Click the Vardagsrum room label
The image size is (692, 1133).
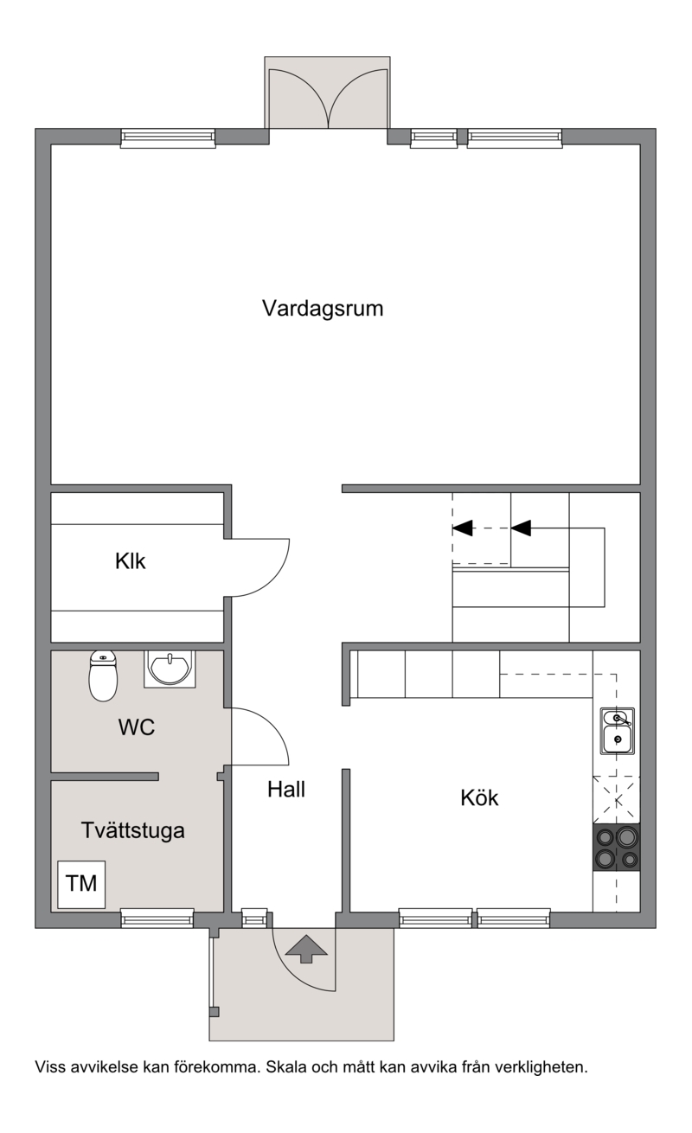click(x=323, y=309)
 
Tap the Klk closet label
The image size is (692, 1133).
click(x=130, y=561)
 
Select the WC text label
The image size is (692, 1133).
click(x=137, y=727)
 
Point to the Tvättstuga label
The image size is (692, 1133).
click(x=133, y=831)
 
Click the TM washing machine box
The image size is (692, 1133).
click(x=81, y=885)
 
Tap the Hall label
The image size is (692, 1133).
click(x=286, y=790)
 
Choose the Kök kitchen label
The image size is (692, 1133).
click(x=479, y=797)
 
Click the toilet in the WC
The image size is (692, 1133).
click(x=103, y=675)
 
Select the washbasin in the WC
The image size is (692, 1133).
click(x=170, y=669)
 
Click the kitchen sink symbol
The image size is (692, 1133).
click(x=617, y=732)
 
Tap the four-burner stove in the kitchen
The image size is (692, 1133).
click(x=616, y=848)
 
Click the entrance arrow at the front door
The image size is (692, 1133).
click(x=306, y=949)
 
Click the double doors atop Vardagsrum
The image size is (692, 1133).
click(x=329, y=99)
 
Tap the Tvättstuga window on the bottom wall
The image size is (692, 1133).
click(x=157, y=918)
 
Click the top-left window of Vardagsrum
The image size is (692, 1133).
click(x=168, y=138)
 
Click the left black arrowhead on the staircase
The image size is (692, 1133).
click(x=463, y=528)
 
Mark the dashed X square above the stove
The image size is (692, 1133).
click(x=617, y=800)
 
